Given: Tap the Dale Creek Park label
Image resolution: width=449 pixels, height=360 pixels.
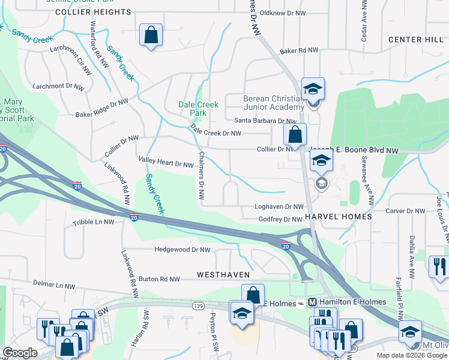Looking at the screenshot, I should [x=193, y=109].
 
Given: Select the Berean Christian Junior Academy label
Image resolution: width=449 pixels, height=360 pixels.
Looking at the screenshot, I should [x=274, y=103].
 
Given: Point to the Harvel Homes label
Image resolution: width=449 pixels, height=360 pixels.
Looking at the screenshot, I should [x=338, y=216].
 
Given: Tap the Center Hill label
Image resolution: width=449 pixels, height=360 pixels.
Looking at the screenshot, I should [x=415, y=40].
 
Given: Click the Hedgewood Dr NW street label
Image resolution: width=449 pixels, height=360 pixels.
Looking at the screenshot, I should [x=182, y=250].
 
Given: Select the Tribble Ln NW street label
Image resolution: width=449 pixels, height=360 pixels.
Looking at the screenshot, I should [x=93, y=222].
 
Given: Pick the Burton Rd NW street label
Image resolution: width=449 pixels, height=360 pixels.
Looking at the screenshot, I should [x=159, y=279].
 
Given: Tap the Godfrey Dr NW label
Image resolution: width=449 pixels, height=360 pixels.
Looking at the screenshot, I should [x=280, y=220].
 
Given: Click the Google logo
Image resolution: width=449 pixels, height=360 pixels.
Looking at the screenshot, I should [x=20, y=353].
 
